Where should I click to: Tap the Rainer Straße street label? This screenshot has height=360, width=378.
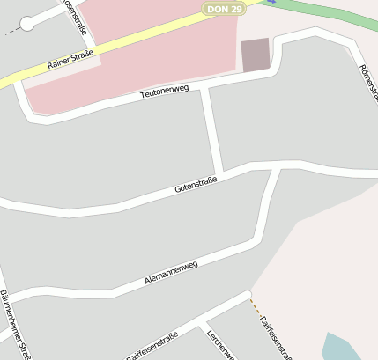click(70, 62)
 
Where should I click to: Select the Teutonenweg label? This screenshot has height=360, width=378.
click(165, 91)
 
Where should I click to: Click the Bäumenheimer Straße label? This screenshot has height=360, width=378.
click(15, 325)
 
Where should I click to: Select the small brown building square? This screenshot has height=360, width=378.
click(256, 55)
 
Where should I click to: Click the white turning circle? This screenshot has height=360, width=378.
click(27, 24)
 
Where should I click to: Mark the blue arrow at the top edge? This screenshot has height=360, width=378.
click(271, 2)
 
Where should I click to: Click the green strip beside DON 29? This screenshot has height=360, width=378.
click(326, 14)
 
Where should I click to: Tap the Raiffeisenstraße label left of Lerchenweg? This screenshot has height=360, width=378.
click(152, 347)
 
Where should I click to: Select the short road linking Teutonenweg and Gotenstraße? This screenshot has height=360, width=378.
click(211, 130)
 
